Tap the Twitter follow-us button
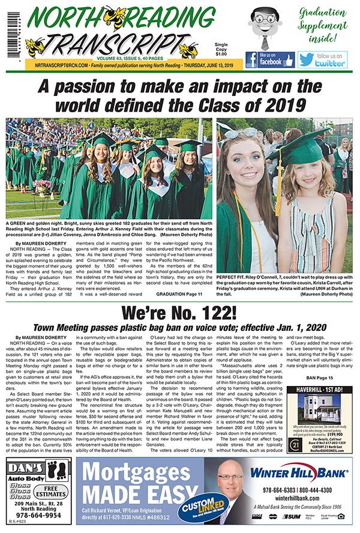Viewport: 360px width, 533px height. point(322,59)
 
